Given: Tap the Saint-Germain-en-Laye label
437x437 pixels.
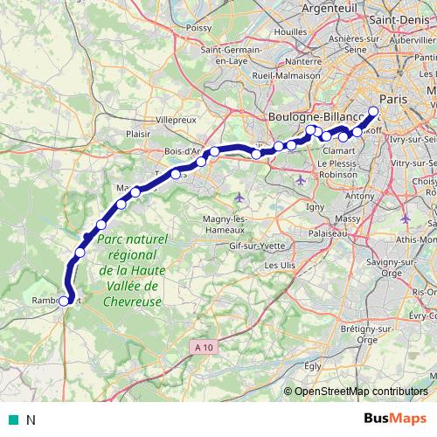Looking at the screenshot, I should [x=228, y=54].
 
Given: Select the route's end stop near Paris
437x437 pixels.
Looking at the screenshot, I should [x=373, y=112].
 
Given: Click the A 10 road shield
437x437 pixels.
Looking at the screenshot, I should [x=203, y=347].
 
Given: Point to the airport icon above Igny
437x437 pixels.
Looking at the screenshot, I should [x=301, y=180].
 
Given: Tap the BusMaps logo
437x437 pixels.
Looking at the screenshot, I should [x=395, y=420].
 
